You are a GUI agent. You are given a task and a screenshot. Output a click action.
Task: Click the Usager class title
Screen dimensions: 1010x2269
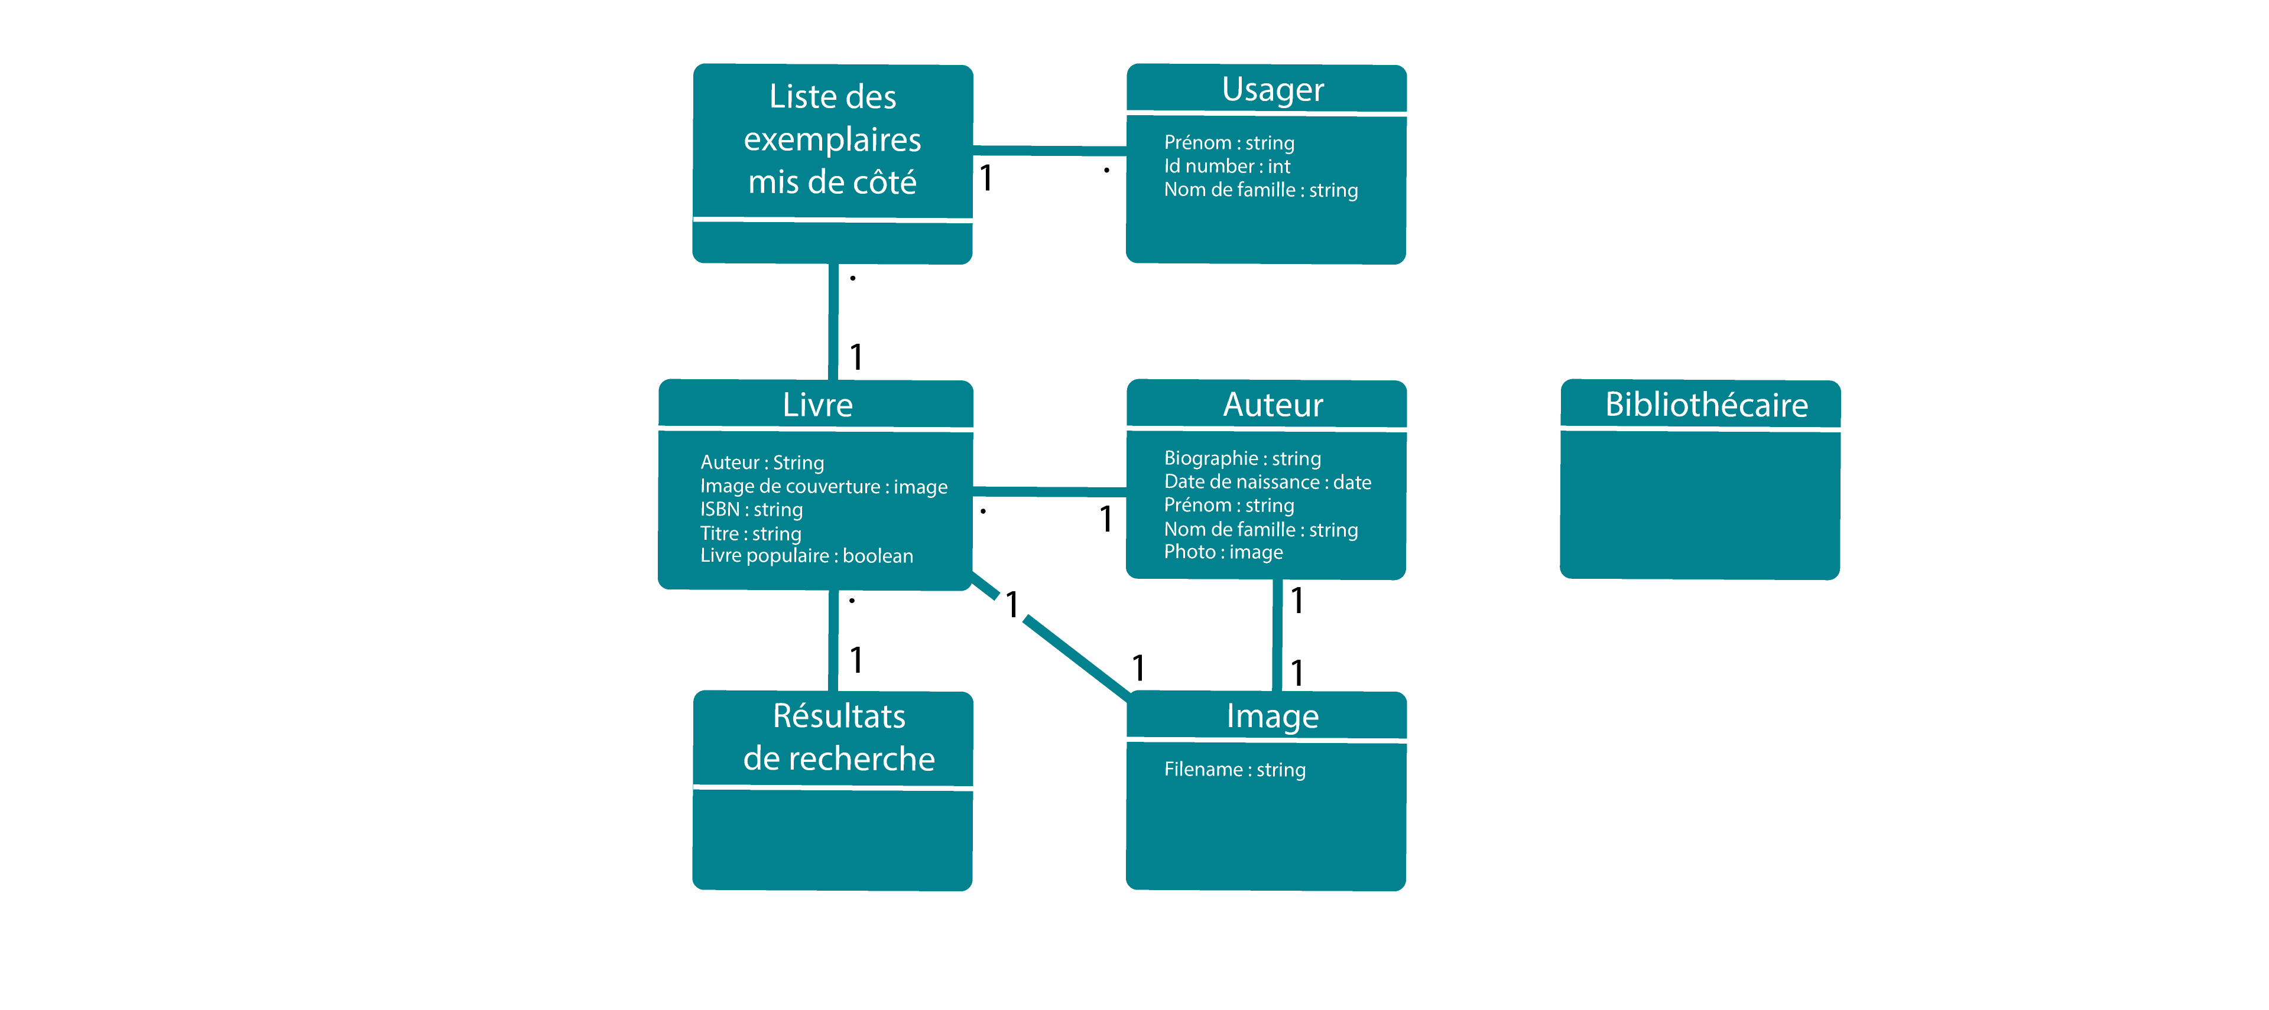pyautogui.click(x=1272, y=90)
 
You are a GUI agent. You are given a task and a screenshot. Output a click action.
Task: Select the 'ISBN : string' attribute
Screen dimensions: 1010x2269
pyautogui.click(x=751, y=510)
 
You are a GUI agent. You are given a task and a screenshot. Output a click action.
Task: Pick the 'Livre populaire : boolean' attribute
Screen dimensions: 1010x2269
pyautogui.click(x=806, y=556)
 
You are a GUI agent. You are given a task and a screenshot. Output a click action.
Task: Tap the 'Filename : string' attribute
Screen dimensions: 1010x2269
pyautogui.click(x=1234, y=770)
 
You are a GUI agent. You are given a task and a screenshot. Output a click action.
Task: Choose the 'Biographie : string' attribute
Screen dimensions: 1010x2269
pyautogui.click(x=1242, y=459)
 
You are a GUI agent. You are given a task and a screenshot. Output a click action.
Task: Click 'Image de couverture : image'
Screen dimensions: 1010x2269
pyautogui.click(x=823, y=487)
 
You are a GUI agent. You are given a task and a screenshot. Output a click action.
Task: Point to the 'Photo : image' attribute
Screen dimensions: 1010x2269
pyautogui.click(x=1223, y=552)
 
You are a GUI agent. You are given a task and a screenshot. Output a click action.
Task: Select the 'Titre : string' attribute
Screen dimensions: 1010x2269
pyautogui.click(x=751, y=533)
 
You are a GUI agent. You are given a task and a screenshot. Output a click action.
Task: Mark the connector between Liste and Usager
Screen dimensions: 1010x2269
pyautogui.click(x=1049, y=151)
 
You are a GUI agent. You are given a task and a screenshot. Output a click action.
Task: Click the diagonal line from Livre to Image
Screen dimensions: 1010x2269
pyautogui.click(x=1075, y=656)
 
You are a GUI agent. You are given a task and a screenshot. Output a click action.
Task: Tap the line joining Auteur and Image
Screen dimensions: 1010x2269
pyautogui.click(x=1276, y=635)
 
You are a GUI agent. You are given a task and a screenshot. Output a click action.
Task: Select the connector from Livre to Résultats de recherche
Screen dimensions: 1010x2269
pyautogui.click(x=832, y=640)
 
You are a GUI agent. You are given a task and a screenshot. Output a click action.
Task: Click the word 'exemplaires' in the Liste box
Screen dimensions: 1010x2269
pyautogui.click(x=832, y=140)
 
